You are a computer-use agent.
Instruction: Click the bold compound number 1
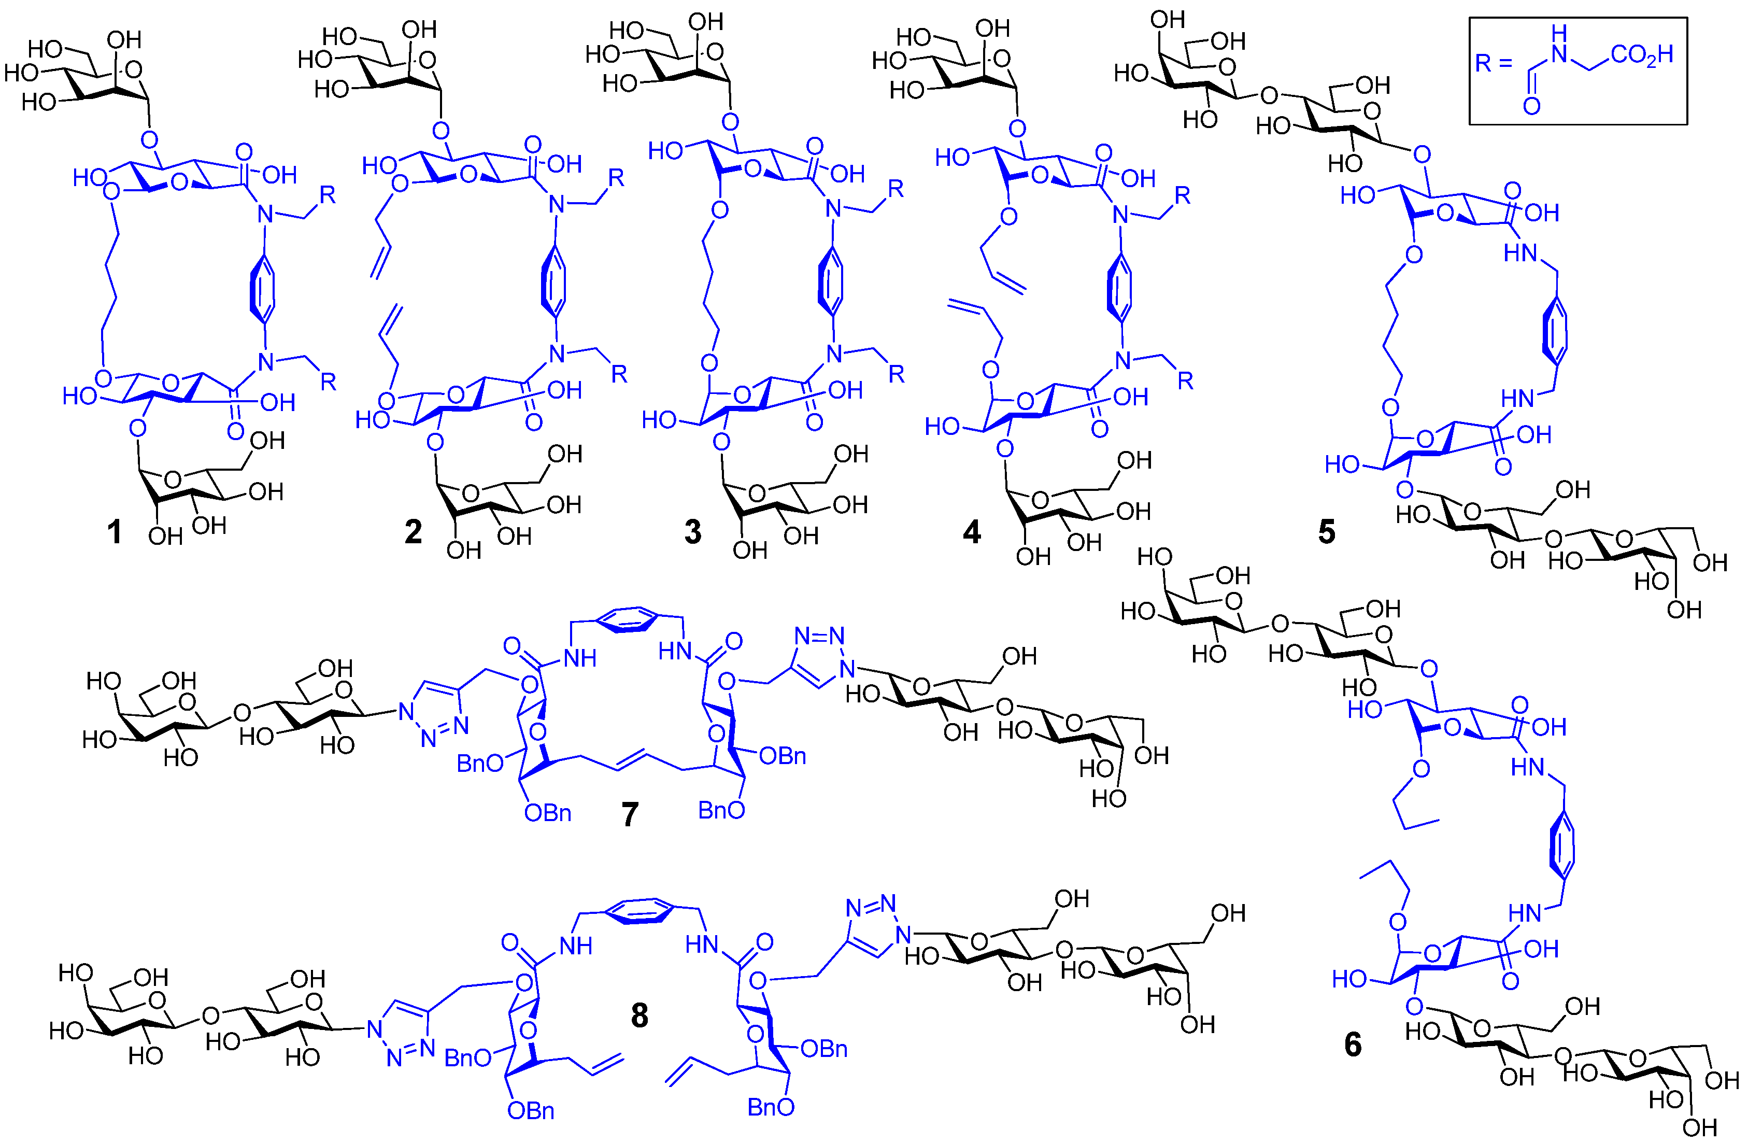114,531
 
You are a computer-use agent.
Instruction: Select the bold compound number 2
414,531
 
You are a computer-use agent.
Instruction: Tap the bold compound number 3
692,531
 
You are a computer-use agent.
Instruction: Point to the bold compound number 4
972,531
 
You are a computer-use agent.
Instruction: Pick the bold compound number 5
1327,531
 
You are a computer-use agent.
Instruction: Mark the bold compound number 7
630,814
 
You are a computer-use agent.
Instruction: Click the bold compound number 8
639,1015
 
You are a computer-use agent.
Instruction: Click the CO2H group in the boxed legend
1642,55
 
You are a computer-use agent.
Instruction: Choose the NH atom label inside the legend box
1558,44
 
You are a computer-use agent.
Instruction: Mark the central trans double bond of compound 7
630,761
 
